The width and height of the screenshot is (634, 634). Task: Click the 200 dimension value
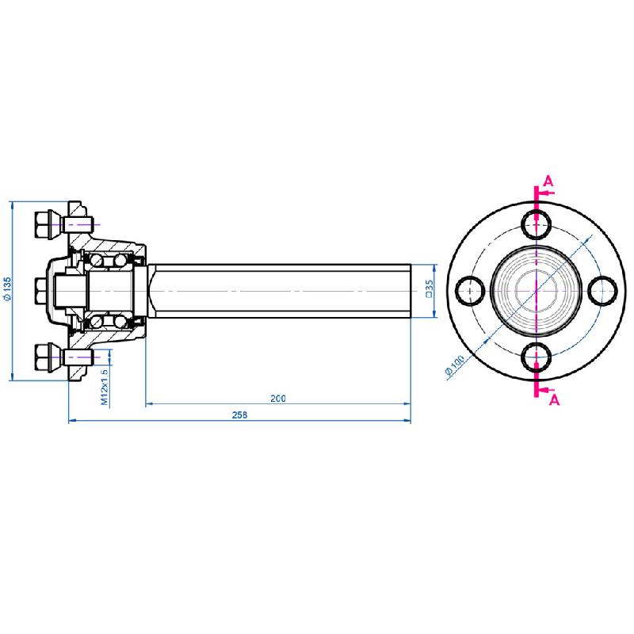click(277, 398)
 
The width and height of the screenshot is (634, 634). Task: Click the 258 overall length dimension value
click(240, 414)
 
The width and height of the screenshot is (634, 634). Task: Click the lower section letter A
click(554, 400)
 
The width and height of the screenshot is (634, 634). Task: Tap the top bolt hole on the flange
click(537, 224)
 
